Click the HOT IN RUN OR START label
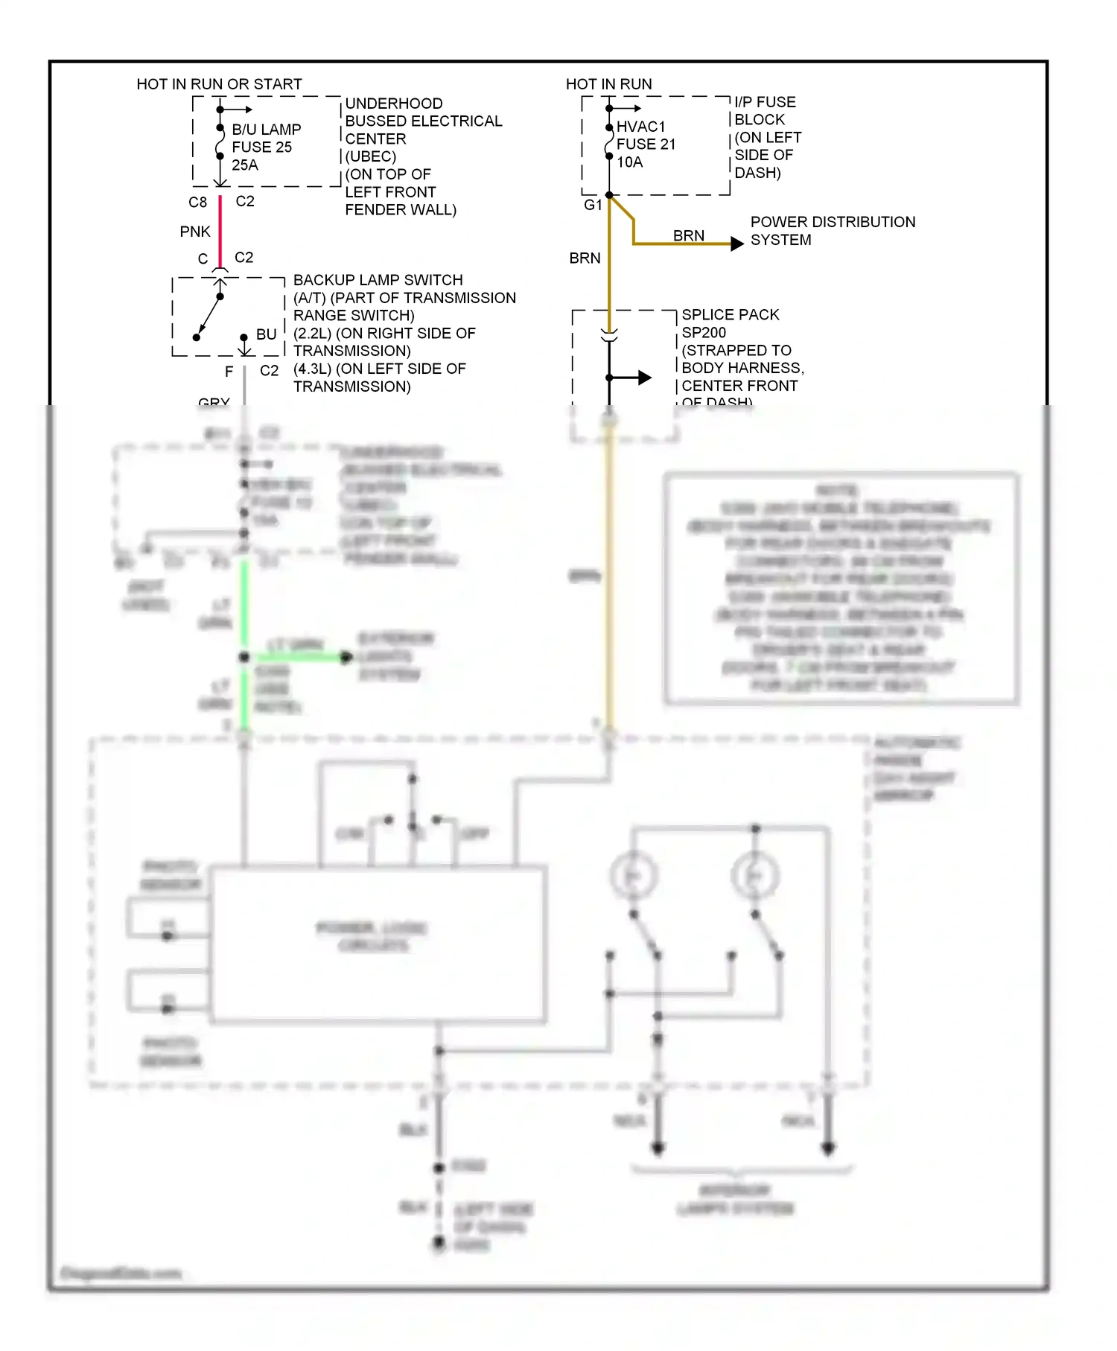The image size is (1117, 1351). click(x=219, y=84)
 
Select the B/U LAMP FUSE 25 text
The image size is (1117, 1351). click(x=266, y=139)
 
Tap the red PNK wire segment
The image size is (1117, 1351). click(x=220, y=232)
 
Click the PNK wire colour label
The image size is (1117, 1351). click(x=195, y=232)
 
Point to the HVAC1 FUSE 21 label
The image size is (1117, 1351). click(x=646, y=136)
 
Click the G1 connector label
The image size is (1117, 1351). click(x=593, y=205)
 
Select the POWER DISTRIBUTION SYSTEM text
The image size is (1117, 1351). click(x=832, y=231)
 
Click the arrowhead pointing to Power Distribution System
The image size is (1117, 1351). click(x=736, y=244)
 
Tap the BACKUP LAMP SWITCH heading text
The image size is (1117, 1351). click(x=378, y=280)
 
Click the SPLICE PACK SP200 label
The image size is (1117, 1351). click(x=730, y=323)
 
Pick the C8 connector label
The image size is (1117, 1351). click(x=197, y=202)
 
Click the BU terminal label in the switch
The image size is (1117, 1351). click(x=266, y=334)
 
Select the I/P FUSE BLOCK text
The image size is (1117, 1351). click(x=765, y=111)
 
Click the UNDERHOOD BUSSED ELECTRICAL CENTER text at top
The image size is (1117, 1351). click(x=423, y=121)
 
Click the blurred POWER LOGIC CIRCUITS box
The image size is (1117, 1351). click(x=378, y=942)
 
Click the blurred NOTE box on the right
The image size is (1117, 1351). click(x=841, y=588)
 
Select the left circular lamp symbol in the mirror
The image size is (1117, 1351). click(x=633, y=876)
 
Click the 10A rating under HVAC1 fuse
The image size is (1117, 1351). click(x=629, y=162)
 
